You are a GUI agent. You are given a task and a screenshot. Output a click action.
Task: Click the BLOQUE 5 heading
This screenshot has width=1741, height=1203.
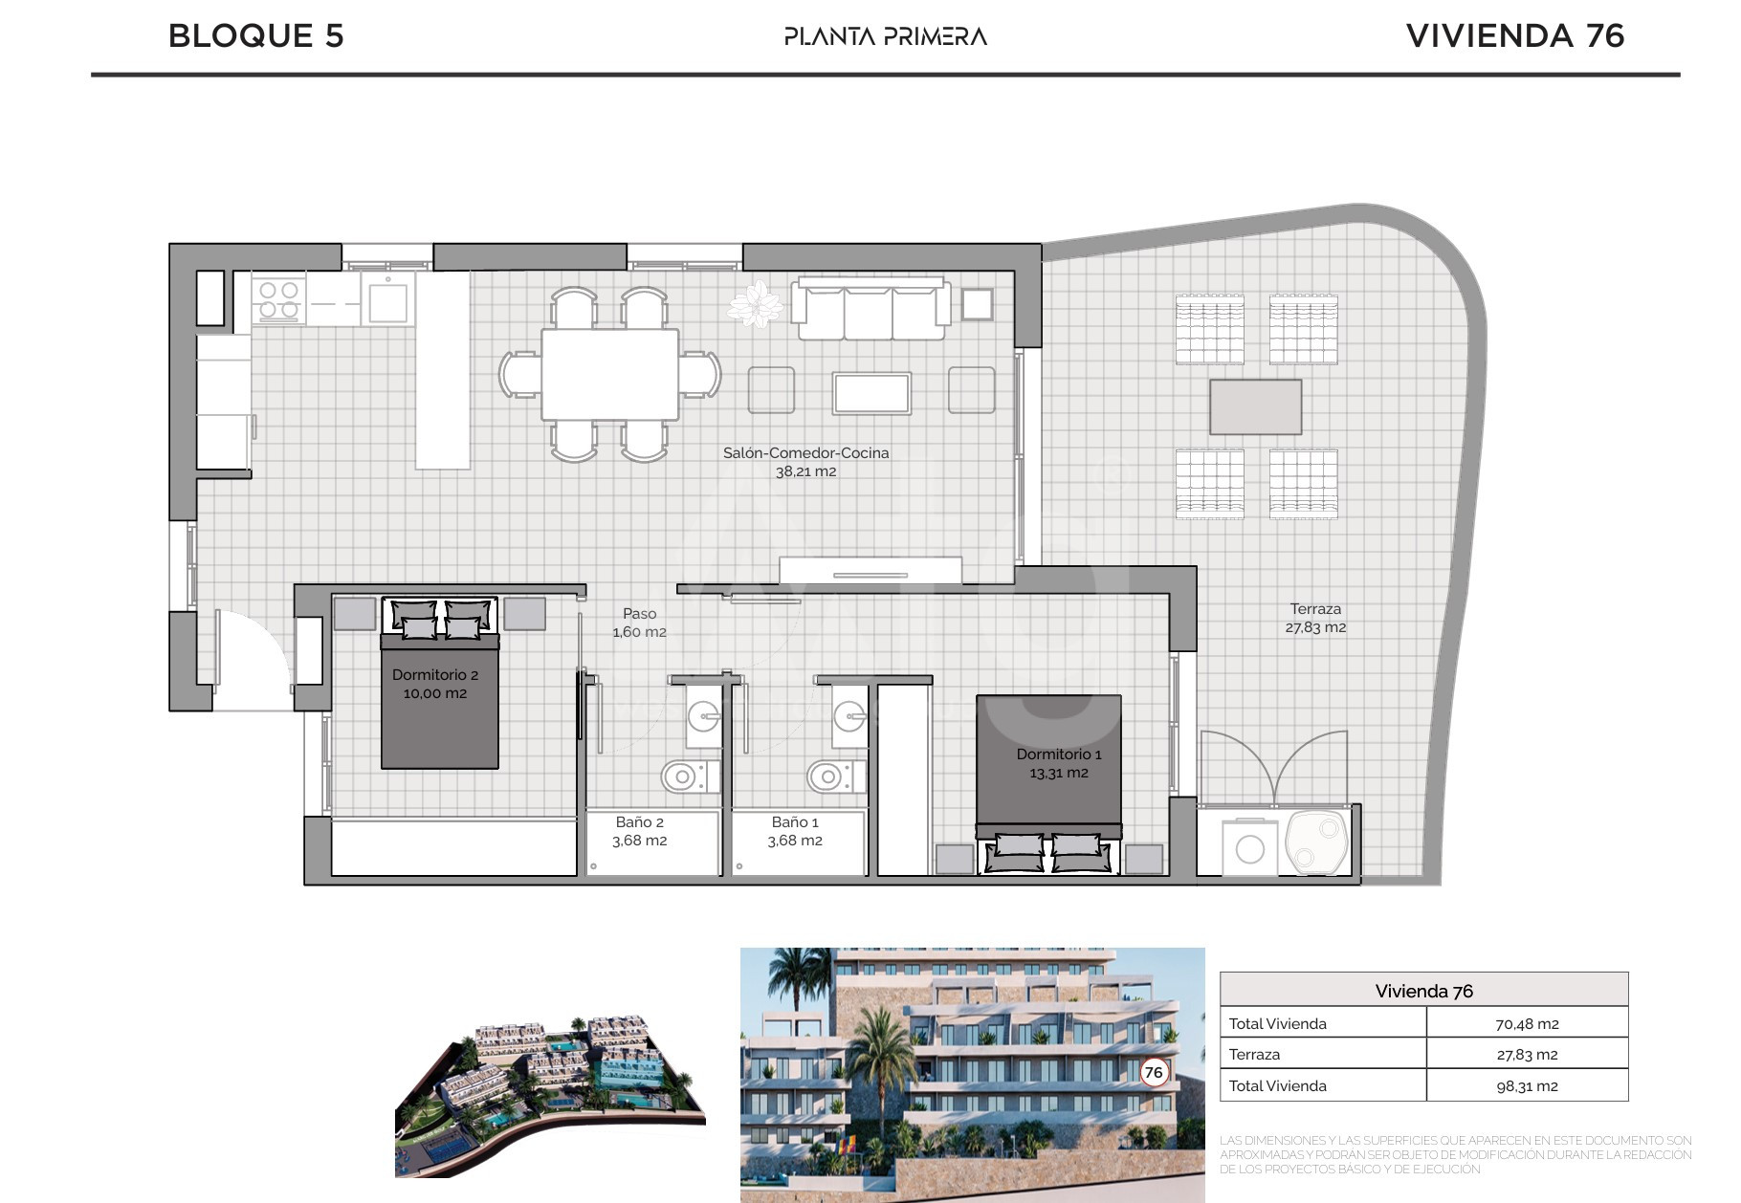[x=255, y=36]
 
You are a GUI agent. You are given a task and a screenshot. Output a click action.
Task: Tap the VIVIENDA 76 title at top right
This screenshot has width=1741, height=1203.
[x=1515, y=36]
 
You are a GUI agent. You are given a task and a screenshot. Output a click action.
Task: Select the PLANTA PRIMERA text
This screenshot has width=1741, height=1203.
[x=886, y=36]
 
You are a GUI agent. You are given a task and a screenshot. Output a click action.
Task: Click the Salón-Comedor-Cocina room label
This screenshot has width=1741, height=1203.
[x=806, y=462]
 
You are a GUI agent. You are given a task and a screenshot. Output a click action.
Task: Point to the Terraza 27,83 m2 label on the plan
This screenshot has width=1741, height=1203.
[x=1315, y=618]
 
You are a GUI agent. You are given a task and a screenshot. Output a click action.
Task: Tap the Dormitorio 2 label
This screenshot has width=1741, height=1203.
[x=435, y=684]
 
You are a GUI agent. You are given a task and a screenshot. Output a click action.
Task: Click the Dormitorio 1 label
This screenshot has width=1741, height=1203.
[x=1059, y=763]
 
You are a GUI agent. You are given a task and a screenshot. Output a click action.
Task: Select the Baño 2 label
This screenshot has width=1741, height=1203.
[x=640, y=831]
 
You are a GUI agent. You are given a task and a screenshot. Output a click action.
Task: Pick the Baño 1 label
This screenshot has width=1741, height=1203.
[x=795, y=831]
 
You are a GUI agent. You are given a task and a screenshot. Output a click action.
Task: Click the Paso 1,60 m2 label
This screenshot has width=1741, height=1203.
[x=640, y=623]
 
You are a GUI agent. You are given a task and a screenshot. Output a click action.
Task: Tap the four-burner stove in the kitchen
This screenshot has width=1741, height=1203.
[x=279, y=298]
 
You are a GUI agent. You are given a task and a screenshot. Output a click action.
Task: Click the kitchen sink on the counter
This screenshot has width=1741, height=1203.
[x=388, y=299]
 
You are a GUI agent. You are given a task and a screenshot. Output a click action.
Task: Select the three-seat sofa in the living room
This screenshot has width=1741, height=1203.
[x=871, y=308]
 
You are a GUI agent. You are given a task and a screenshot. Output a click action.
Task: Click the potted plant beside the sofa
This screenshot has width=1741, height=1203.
[x=757, y=304]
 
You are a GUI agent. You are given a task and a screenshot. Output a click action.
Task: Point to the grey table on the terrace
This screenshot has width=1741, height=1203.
[x=1256, y=406]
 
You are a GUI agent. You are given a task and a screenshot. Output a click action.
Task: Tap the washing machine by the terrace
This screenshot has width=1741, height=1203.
[x=1249, y=846]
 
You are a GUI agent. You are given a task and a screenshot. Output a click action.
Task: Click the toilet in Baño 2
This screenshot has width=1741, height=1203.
[x=690, y=776]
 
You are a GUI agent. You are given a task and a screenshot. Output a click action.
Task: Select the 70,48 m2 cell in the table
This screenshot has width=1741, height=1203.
[x=1527, y=1024]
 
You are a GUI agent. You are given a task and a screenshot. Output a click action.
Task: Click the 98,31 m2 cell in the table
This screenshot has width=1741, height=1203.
[x=1527, y=1086]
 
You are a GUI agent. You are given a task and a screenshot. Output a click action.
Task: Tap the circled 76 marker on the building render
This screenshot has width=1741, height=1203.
[x=1155, y=1072]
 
